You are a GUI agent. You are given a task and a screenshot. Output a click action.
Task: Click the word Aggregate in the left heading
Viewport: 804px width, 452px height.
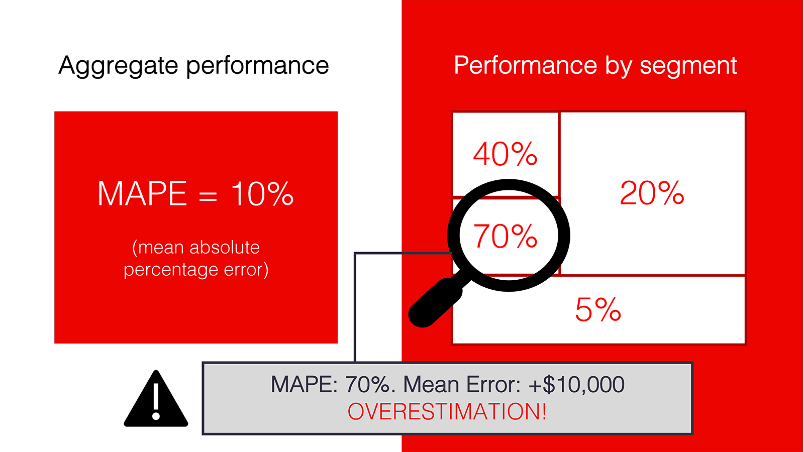tap(118, 66)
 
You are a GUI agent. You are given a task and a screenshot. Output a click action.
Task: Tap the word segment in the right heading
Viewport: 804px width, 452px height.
tap(688, 66)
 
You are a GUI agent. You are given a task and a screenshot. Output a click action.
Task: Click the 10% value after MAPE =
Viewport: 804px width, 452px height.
tap(262, 193)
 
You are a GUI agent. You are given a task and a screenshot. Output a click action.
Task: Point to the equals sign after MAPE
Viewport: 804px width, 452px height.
tap(208, 195)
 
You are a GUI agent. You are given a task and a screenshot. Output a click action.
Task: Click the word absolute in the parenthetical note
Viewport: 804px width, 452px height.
tap(224, 247)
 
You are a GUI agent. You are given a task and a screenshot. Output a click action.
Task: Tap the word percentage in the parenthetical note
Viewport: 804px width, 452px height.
tap(171, 270)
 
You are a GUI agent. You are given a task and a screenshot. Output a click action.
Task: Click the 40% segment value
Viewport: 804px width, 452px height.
tap(506, 154)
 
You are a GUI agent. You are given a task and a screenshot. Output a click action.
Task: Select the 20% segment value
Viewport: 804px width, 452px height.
tap(652, 193)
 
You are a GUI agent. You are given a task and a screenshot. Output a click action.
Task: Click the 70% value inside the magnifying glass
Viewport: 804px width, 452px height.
tap(506, 236)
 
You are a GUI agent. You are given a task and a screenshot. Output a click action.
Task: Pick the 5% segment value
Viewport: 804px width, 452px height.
tap(598, 309)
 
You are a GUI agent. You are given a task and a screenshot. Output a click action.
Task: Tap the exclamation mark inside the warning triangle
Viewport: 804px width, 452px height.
tap(156, 401)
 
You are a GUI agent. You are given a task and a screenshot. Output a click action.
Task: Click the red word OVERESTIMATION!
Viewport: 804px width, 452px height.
tap(447, 411)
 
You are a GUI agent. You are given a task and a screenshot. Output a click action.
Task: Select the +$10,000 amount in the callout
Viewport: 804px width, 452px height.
tap(576, 384)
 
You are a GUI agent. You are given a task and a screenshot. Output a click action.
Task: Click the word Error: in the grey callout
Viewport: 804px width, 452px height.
tap(493, 384)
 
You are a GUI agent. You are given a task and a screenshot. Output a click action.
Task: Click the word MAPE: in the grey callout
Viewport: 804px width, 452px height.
tap(305, 384)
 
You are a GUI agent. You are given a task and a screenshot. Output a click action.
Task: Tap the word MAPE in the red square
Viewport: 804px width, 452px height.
tap(142, 193)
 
